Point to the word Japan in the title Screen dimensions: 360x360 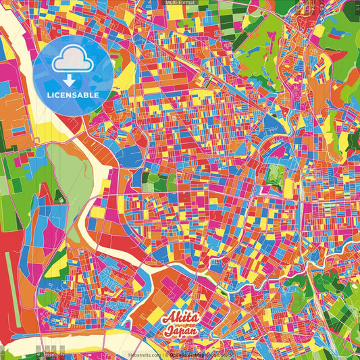click(180, 332)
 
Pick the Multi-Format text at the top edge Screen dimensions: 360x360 click(180, 3)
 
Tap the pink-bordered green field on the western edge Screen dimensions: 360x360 click(17, 176)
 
